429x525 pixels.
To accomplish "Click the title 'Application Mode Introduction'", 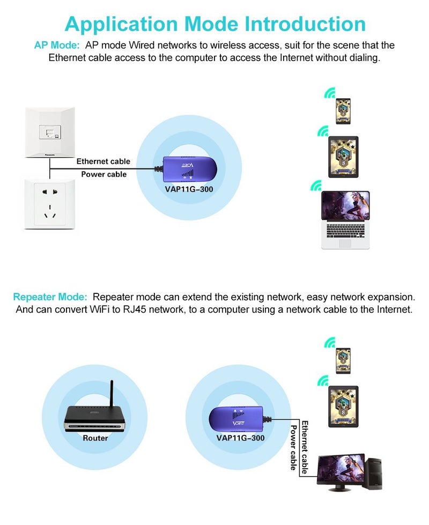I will point(215,24).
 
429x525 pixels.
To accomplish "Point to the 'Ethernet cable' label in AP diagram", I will point(103,161).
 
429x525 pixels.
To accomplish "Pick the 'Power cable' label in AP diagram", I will point(103,174).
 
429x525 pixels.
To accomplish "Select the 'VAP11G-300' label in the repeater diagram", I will point(240,438).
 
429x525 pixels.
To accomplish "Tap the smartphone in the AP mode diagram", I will point(343,112).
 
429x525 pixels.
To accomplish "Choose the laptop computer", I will point(345,220).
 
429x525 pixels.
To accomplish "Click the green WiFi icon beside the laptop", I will point(316,186).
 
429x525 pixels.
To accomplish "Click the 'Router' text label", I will point(95,438).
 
